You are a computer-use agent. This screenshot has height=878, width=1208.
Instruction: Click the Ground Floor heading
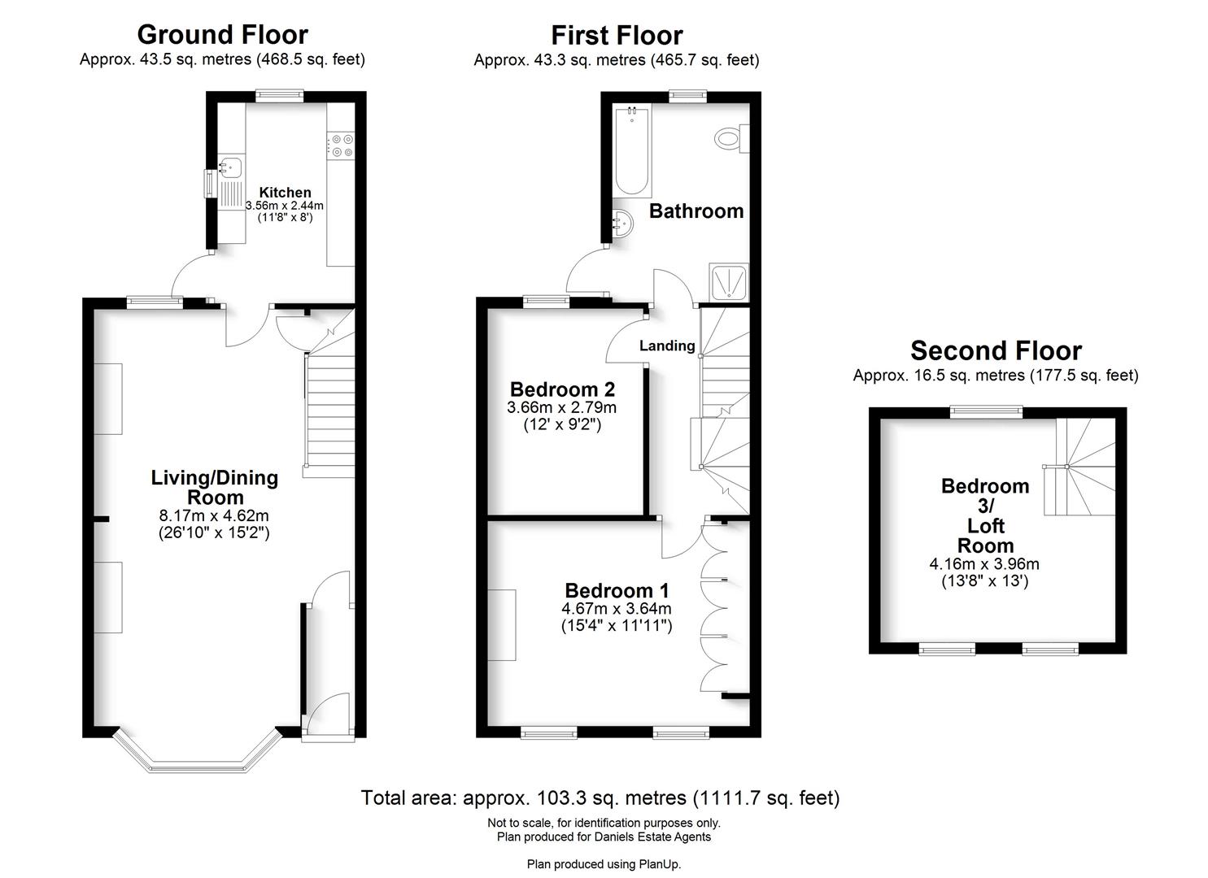point(222,34)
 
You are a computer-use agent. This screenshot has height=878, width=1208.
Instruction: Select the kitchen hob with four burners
point(341,146)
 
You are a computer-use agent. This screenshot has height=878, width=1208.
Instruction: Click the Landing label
point(667,346)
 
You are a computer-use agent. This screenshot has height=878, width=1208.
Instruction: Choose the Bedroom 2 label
point(562,389)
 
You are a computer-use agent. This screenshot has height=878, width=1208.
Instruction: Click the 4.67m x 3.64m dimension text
point(617,608)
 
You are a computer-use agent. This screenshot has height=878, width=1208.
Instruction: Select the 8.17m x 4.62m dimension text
point(214,515)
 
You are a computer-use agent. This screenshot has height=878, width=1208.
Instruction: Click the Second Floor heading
point(996,350)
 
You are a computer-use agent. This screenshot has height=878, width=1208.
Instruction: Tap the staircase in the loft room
point(1082,468)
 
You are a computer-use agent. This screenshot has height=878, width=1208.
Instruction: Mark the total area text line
point(600,798)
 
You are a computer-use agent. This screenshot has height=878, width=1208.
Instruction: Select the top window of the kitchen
point(280,95)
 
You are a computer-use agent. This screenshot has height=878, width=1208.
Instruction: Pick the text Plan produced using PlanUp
point(604,864)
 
